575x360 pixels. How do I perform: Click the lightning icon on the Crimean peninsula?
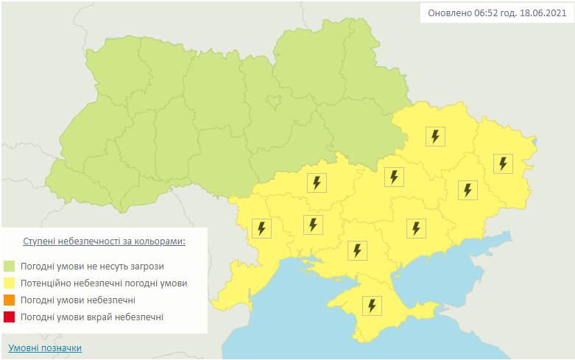(x=373, y=306)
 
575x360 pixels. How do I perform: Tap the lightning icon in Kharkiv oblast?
(x=436, y=136)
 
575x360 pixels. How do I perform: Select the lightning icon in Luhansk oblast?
(x=503, y=163)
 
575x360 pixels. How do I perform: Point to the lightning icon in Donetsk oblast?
(x=468, y=190)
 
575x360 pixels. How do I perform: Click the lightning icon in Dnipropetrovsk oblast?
(x=395, y=177)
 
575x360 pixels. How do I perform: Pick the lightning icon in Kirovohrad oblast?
(x=317, y=183)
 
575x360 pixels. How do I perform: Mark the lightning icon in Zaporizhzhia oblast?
(x=416, y=228)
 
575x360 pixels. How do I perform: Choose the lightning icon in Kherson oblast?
(x=358, y=250)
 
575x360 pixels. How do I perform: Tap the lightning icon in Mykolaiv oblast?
(x=314, y=224)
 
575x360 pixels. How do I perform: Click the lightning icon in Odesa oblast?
(x=261, y=228)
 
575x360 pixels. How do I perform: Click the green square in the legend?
(x=10, y=266)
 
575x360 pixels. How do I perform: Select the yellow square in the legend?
(x=10, y=283)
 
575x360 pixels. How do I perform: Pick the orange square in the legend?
(x=10, y=300)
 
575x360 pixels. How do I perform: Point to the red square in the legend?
(x=10, y=317)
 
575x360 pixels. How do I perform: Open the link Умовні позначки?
(x=45, y=347)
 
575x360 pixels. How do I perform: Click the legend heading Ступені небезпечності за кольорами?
(x=104, y=241)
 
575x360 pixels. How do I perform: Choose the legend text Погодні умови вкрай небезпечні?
(x=92, y=317)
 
